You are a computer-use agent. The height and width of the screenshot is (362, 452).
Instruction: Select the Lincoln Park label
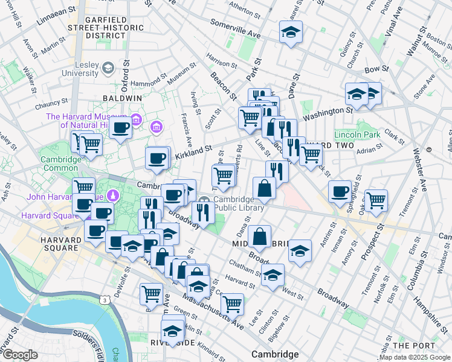[357, 135]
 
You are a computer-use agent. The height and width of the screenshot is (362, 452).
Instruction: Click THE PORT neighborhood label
[413, 345]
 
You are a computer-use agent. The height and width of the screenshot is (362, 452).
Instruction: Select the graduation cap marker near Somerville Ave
[291, 32]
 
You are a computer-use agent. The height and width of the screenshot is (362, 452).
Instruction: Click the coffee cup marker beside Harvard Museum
[121, 127]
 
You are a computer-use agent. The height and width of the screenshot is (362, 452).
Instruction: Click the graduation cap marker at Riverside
[172, 330]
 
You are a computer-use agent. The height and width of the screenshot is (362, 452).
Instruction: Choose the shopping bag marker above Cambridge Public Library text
[264, 187]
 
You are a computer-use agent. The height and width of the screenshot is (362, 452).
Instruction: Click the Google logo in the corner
[19, 355]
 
